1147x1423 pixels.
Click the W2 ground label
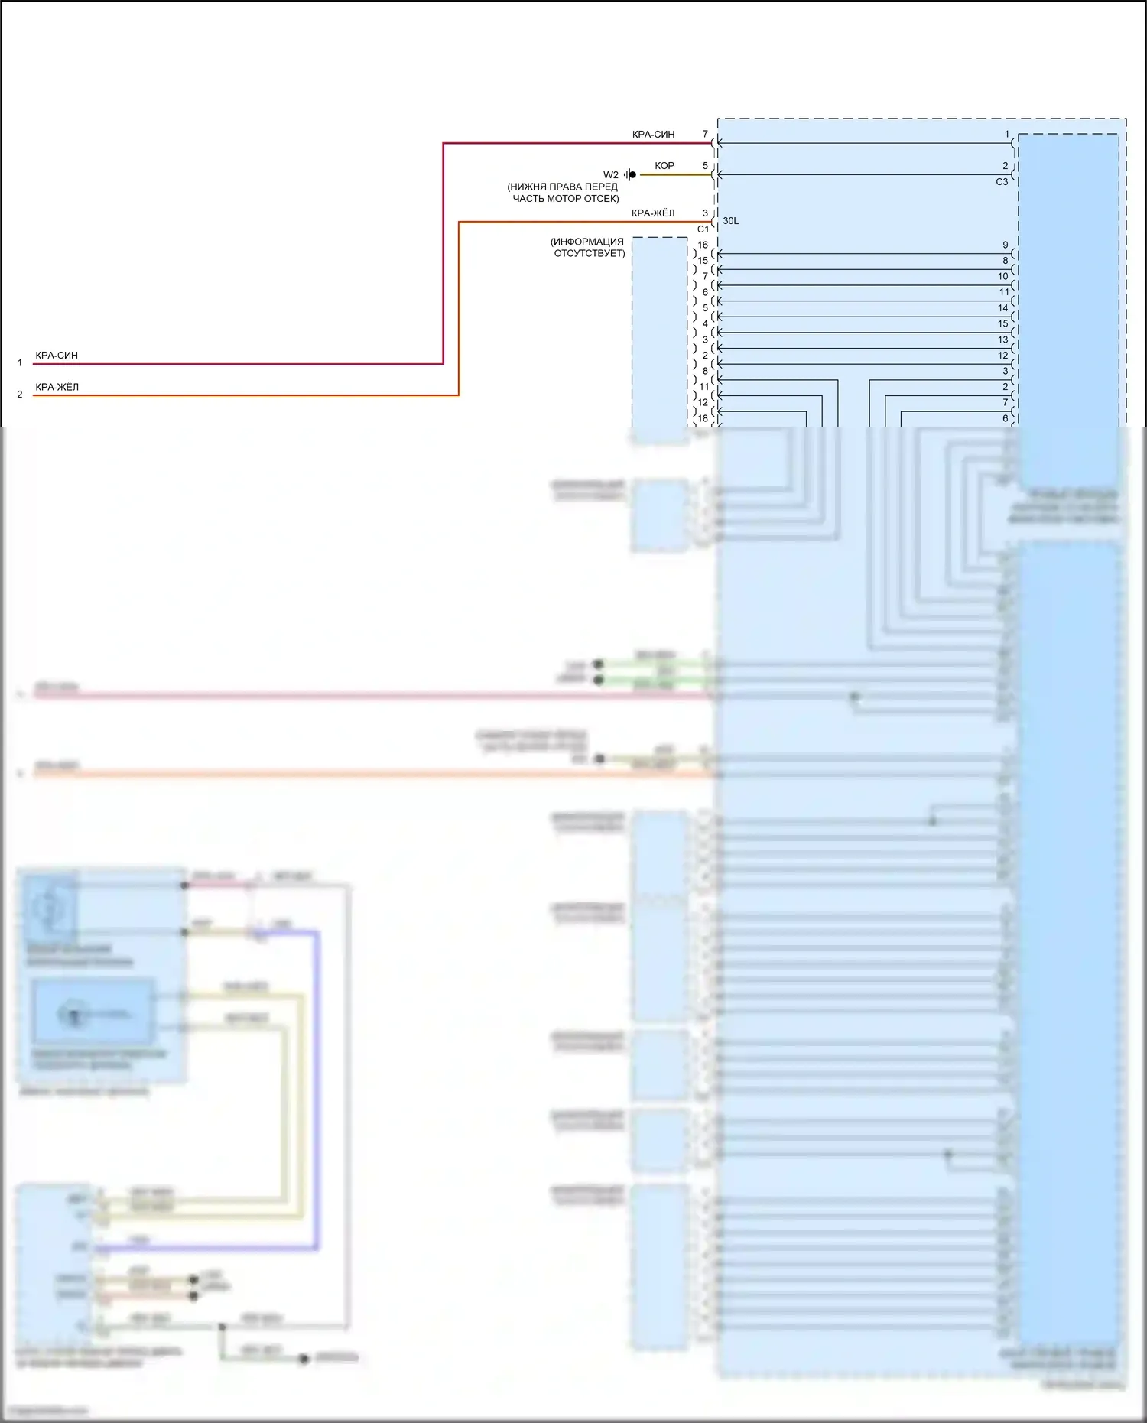(x=610, y=175)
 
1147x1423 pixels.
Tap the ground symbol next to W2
(x=629, y=175)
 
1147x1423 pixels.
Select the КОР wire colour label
(x=664, y=166)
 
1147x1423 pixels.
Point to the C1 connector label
(x=703, y=229)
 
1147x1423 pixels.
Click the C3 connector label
(x=1002, y=182)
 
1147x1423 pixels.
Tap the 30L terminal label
(x=731, y=221)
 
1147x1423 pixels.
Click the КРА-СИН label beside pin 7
(x=653, y=135)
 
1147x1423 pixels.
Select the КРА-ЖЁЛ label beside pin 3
(x=653, y=213)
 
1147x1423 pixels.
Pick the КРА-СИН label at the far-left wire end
(x=57, y=356)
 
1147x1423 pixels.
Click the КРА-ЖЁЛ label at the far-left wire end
(x=57, y=388)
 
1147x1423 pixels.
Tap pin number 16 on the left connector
(x=703, y=245)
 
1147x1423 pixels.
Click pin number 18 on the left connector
(x=703, y=418)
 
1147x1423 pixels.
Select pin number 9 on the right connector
(x=1006, y=245)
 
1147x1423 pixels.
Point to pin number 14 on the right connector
(x=1003, y=308)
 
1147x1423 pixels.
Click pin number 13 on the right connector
(x=1003, y=340)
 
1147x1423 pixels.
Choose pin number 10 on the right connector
(x=1003, y=276)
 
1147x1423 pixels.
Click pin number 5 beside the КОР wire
(x=705, y=166)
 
